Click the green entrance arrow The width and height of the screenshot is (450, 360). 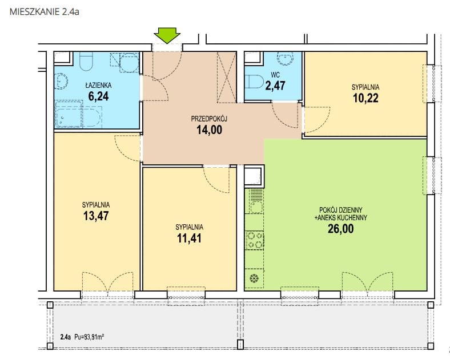167,35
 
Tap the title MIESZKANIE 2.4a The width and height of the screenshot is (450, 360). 45,12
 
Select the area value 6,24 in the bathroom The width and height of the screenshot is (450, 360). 98,96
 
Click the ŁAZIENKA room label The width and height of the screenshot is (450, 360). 98,85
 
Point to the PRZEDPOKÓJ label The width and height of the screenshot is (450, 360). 209,119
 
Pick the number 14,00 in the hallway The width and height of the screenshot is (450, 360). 209,130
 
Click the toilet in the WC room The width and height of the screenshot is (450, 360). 254,82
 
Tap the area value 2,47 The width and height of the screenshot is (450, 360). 275,86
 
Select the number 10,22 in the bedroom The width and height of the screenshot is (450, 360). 365,98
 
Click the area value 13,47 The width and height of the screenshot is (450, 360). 96,216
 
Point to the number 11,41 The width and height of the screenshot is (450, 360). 189,238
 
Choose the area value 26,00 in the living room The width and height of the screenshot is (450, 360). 341,229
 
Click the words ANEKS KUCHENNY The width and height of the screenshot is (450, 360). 343,218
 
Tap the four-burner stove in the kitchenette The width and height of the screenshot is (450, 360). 255,240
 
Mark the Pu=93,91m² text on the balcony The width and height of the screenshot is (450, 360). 89,337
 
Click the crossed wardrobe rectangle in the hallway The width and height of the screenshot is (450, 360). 227,77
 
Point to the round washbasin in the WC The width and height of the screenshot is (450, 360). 285,58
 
